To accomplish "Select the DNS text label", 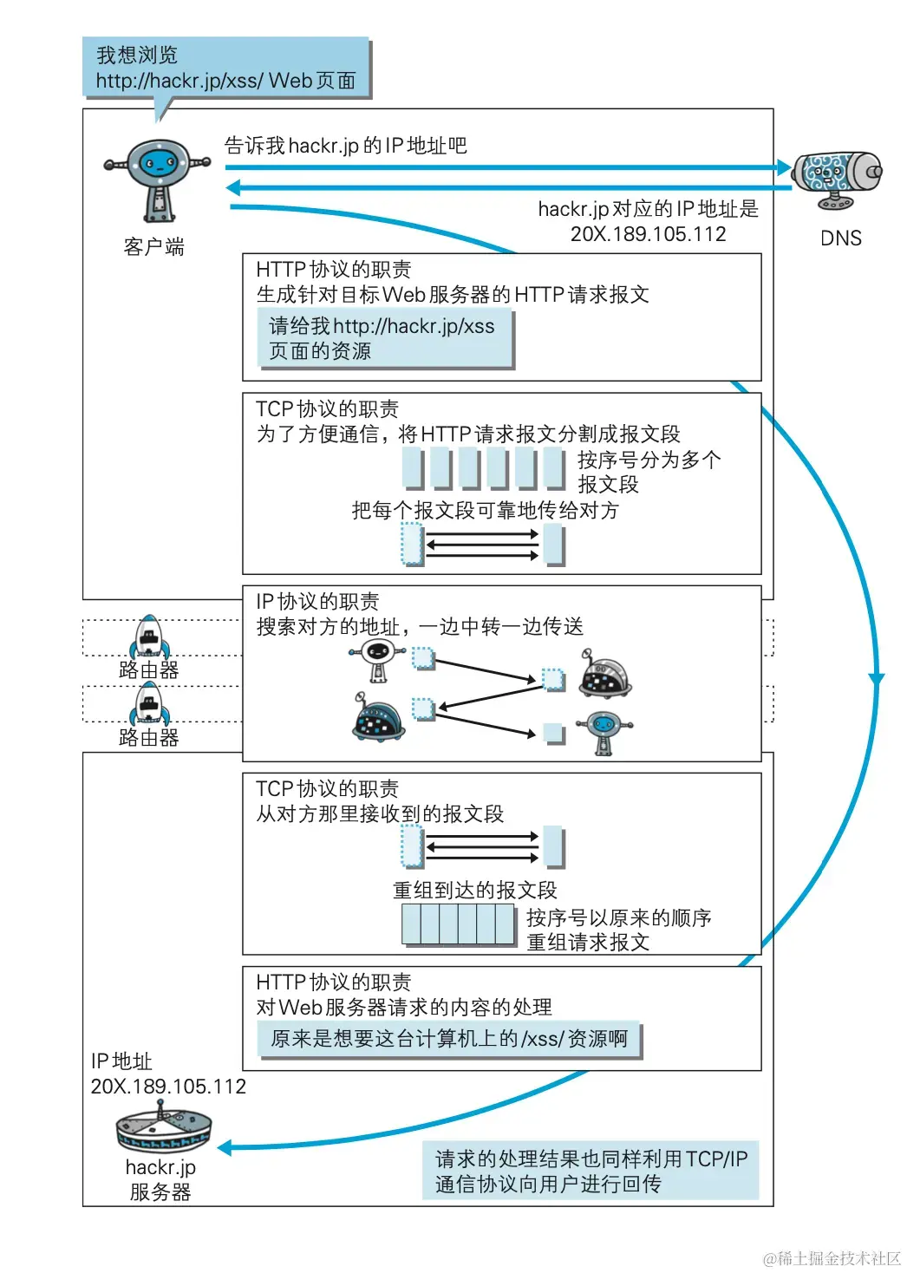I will [840, 238].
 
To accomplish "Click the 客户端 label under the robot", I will [153, 247].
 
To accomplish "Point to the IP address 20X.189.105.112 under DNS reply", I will [648, 234].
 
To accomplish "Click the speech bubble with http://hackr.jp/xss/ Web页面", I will [225, 68].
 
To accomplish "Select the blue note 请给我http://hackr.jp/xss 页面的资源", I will [385, 338].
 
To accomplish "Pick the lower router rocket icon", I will [150, 703].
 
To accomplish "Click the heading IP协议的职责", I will [317, 601].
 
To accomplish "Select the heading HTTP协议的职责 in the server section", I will [333, 982].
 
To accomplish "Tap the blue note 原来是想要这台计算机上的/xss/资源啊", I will [448, 1038].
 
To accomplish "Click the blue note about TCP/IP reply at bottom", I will [591, 1171].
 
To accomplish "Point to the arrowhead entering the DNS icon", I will [784, 167].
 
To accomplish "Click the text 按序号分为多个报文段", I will [649, 471].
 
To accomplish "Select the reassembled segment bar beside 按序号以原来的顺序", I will [459, 924].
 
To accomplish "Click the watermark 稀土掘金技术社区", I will [832, 1257].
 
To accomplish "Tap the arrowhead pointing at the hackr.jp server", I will [225, 1148].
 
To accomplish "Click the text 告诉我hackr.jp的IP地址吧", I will [345, 145].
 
